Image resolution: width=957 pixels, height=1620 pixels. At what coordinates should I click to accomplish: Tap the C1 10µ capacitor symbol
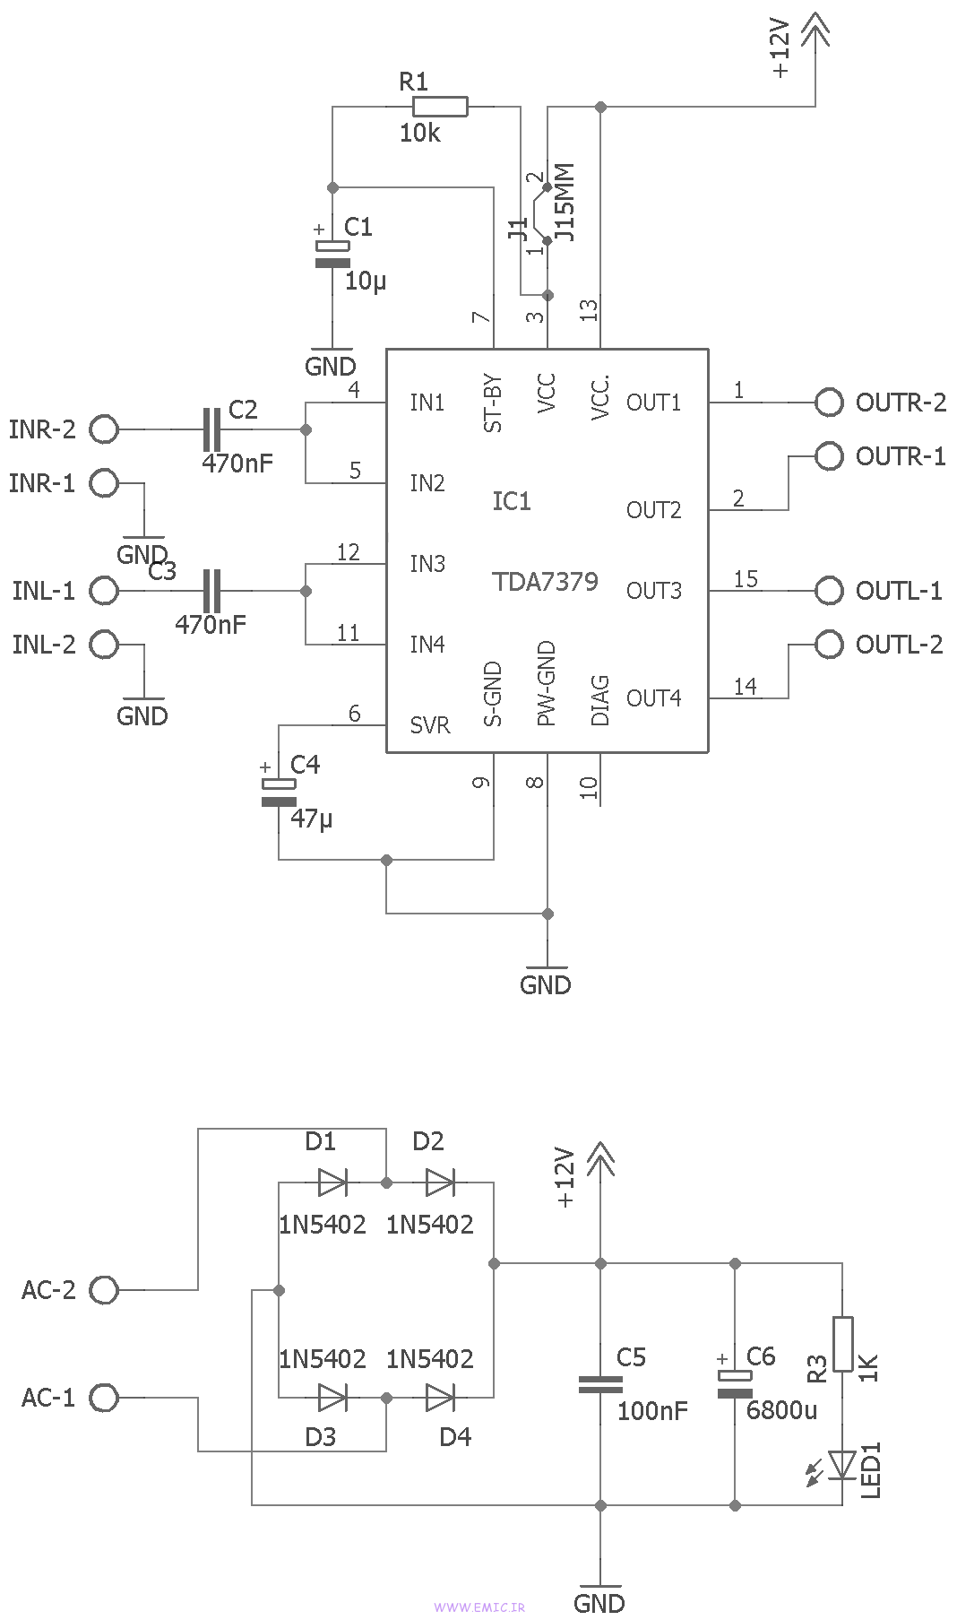click(x=332, y=255)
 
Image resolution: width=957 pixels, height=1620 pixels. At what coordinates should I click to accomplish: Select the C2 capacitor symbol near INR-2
click(x=211, y=429)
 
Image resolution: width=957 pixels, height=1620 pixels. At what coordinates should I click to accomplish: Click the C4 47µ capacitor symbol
click(x=279, y=793)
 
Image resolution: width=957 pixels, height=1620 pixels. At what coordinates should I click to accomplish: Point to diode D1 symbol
click(x=332, y=1183)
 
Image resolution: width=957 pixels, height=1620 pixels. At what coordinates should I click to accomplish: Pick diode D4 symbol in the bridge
click(x=440, y=1397)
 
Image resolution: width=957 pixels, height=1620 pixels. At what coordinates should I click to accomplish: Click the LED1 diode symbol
click(x=842, y=1465)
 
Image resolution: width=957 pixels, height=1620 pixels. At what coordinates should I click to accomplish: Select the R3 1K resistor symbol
click(x=842, y=1343)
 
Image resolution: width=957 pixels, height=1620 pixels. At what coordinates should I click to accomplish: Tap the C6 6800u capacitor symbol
click(x=736, y=1384)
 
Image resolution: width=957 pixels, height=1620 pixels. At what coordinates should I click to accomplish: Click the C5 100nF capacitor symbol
click(x=600, y=1384)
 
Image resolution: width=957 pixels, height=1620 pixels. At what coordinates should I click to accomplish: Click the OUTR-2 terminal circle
click(x=829, y=403)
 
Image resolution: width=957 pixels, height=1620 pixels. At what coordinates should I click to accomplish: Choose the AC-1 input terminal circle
click(x=104, y=1397)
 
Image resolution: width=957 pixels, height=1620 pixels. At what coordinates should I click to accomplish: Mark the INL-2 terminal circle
click(x=104, y=644)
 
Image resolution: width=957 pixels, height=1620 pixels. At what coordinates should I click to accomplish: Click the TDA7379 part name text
click(x=545, y=582)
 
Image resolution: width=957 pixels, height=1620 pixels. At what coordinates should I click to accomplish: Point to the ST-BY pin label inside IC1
click(x=493, y=403)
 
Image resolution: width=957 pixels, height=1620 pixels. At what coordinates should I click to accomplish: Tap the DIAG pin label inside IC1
click(x=600, y=700)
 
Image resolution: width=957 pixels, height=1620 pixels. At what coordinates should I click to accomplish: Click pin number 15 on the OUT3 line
click(x=746, y=579)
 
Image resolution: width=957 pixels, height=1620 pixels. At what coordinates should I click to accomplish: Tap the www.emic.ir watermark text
click(x=478, y=1607)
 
